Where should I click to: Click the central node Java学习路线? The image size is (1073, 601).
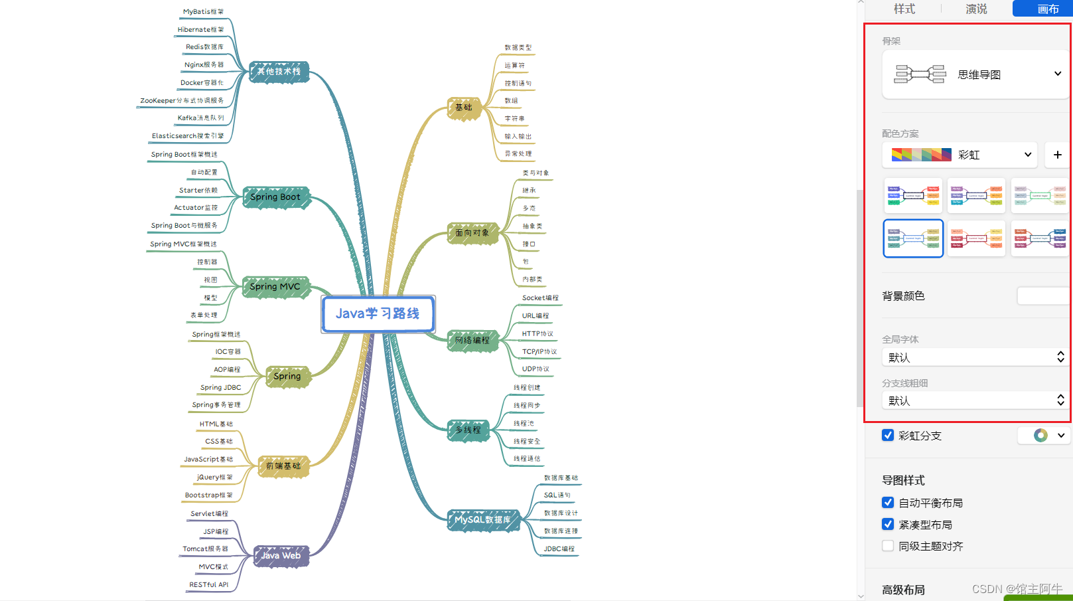point(378,313)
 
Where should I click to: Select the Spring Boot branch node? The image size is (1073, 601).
point(275,197)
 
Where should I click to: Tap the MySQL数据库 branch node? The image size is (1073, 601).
point(482,520)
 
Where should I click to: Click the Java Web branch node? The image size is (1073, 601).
point(281,556)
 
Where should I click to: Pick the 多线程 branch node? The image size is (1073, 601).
point(468,430)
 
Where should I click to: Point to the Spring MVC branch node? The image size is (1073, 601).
point(275,287)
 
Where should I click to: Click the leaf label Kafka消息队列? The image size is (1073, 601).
point(200,118)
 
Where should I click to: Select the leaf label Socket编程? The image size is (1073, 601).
point(540,298)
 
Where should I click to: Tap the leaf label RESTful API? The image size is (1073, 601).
point(208,585)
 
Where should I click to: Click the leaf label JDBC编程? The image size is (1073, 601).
point(559,549)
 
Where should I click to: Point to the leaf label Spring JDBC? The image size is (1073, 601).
point(220,388)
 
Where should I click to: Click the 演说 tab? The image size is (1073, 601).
point(976,9)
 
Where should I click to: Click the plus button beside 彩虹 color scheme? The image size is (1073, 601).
point(1057,155)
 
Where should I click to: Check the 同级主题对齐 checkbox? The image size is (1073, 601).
point(888,546)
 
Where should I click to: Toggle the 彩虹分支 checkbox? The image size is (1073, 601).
point(888,436)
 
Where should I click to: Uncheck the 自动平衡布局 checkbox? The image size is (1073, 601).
point(888,503)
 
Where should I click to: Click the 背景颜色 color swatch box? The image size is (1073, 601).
point(1043,296)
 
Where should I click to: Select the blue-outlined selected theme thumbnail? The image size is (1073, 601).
point(913,238)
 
